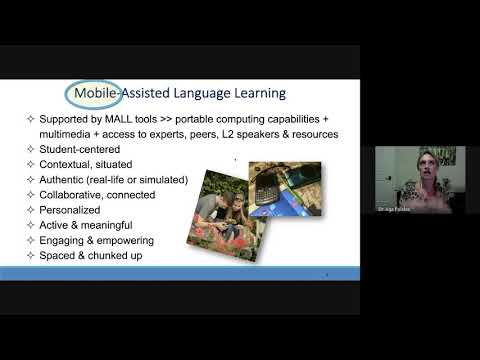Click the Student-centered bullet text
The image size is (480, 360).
point(77,148)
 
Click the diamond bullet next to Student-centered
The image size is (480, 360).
point(29,148)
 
